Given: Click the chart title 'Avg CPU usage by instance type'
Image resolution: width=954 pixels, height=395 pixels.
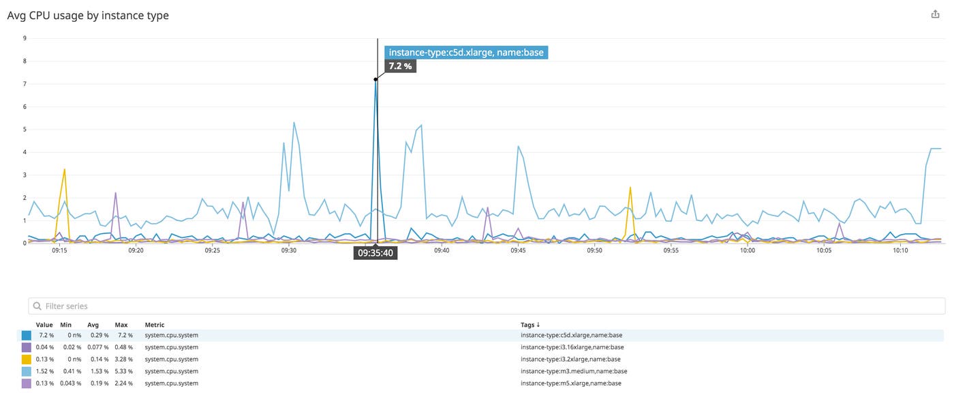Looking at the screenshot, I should coord(88,15).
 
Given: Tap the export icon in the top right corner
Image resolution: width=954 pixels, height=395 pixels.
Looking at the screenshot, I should coord(935,14).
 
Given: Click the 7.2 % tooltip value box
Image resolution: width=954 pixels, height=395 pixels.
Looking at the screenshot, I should coord(400,66).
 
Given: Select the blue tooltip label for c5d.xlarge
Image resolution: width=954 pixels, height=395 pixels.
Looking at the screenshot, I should coord(466,53).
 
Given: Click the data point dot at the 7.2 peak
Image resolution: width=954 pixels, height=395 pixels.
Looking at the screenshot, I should coord(375,79).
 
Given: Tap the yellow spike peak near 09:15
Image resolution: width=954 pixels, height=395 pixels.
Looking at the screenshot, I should coord(65,169).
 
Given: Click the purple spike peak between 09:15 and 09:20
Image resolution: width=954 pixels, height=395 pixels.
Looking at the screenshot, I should coord(116,193).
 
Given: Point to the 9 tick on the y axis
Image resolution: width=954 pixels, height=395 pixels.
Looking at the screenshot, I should coord(25,38).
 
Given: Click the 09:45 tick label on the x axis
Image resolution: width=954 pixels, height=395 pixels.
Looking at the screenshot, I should coord(518,250).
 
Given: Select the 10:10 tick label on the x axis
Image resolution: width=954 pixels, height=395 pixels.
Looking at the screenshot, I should coord(900,250).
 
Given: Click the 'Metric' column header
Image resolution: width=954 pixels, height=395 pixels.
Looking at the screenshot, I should coord(155,325).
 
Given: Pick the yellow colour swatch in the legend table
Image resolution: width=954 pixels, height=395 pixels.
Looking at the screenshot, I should coord(27,360).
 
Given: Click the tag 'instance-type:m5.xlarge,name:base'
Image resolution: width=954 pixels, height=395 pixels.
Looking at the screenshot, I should coord(570,383).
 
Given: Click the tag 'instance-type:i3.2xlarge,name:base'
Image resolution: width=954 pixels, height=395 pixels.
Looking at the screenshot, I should coord(570,360).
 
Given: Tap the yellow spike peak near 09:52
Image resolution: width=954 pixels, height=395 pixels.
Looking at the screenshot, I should coord(630,188).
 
